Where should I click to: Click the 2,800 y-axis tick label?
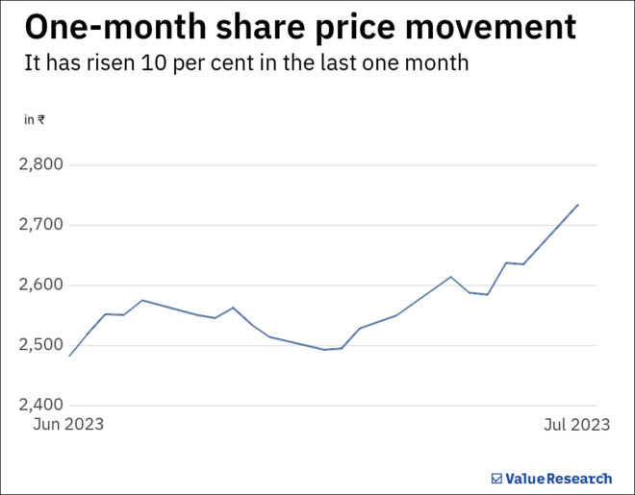click(x=40, y=164)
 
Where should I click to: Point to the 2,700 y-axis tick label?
click(x=40, y=225)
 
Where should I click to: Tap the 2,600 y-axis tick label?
click(x=40, y=285)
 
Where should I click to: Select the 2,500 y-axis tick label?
click(x=40, y=345)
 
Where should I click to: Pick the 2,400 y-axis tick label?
click(x=40, y=405)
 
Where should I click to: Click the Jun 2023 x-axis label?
click(x=68, y=424)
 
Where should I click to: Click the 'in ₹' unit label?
click(x=35, y=120)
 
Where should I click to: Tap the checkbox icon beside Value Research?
click(x=496, y=478)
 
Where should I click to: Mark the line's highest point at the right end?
click(x=577, y=204)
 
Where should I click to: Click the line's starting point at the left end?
click(x=69, y=356)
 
